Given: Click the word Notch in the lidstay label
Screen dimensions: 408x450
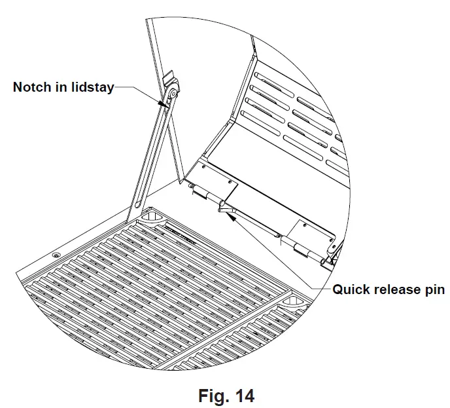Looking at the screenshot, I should pyautogui.click(x=31, y=87).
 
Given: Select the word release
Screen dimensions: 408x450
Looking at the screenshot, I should pyautogui.click(x=395, y=289).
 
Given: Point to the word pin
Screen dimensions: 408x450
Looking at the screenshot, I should pyautogui.click(x=434, y=289).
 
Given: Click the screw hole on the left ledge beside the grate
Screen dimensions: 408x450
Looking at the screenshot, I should pyautogui.click(x=56, y=253).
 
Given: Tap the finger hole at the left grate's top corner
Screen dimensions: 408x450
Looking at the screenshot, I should pyautogui.click(x=149, y=215).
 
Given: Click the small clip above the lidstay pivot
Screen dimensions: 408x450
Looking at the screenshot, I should pyautogui.click(x=168, y=79).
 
